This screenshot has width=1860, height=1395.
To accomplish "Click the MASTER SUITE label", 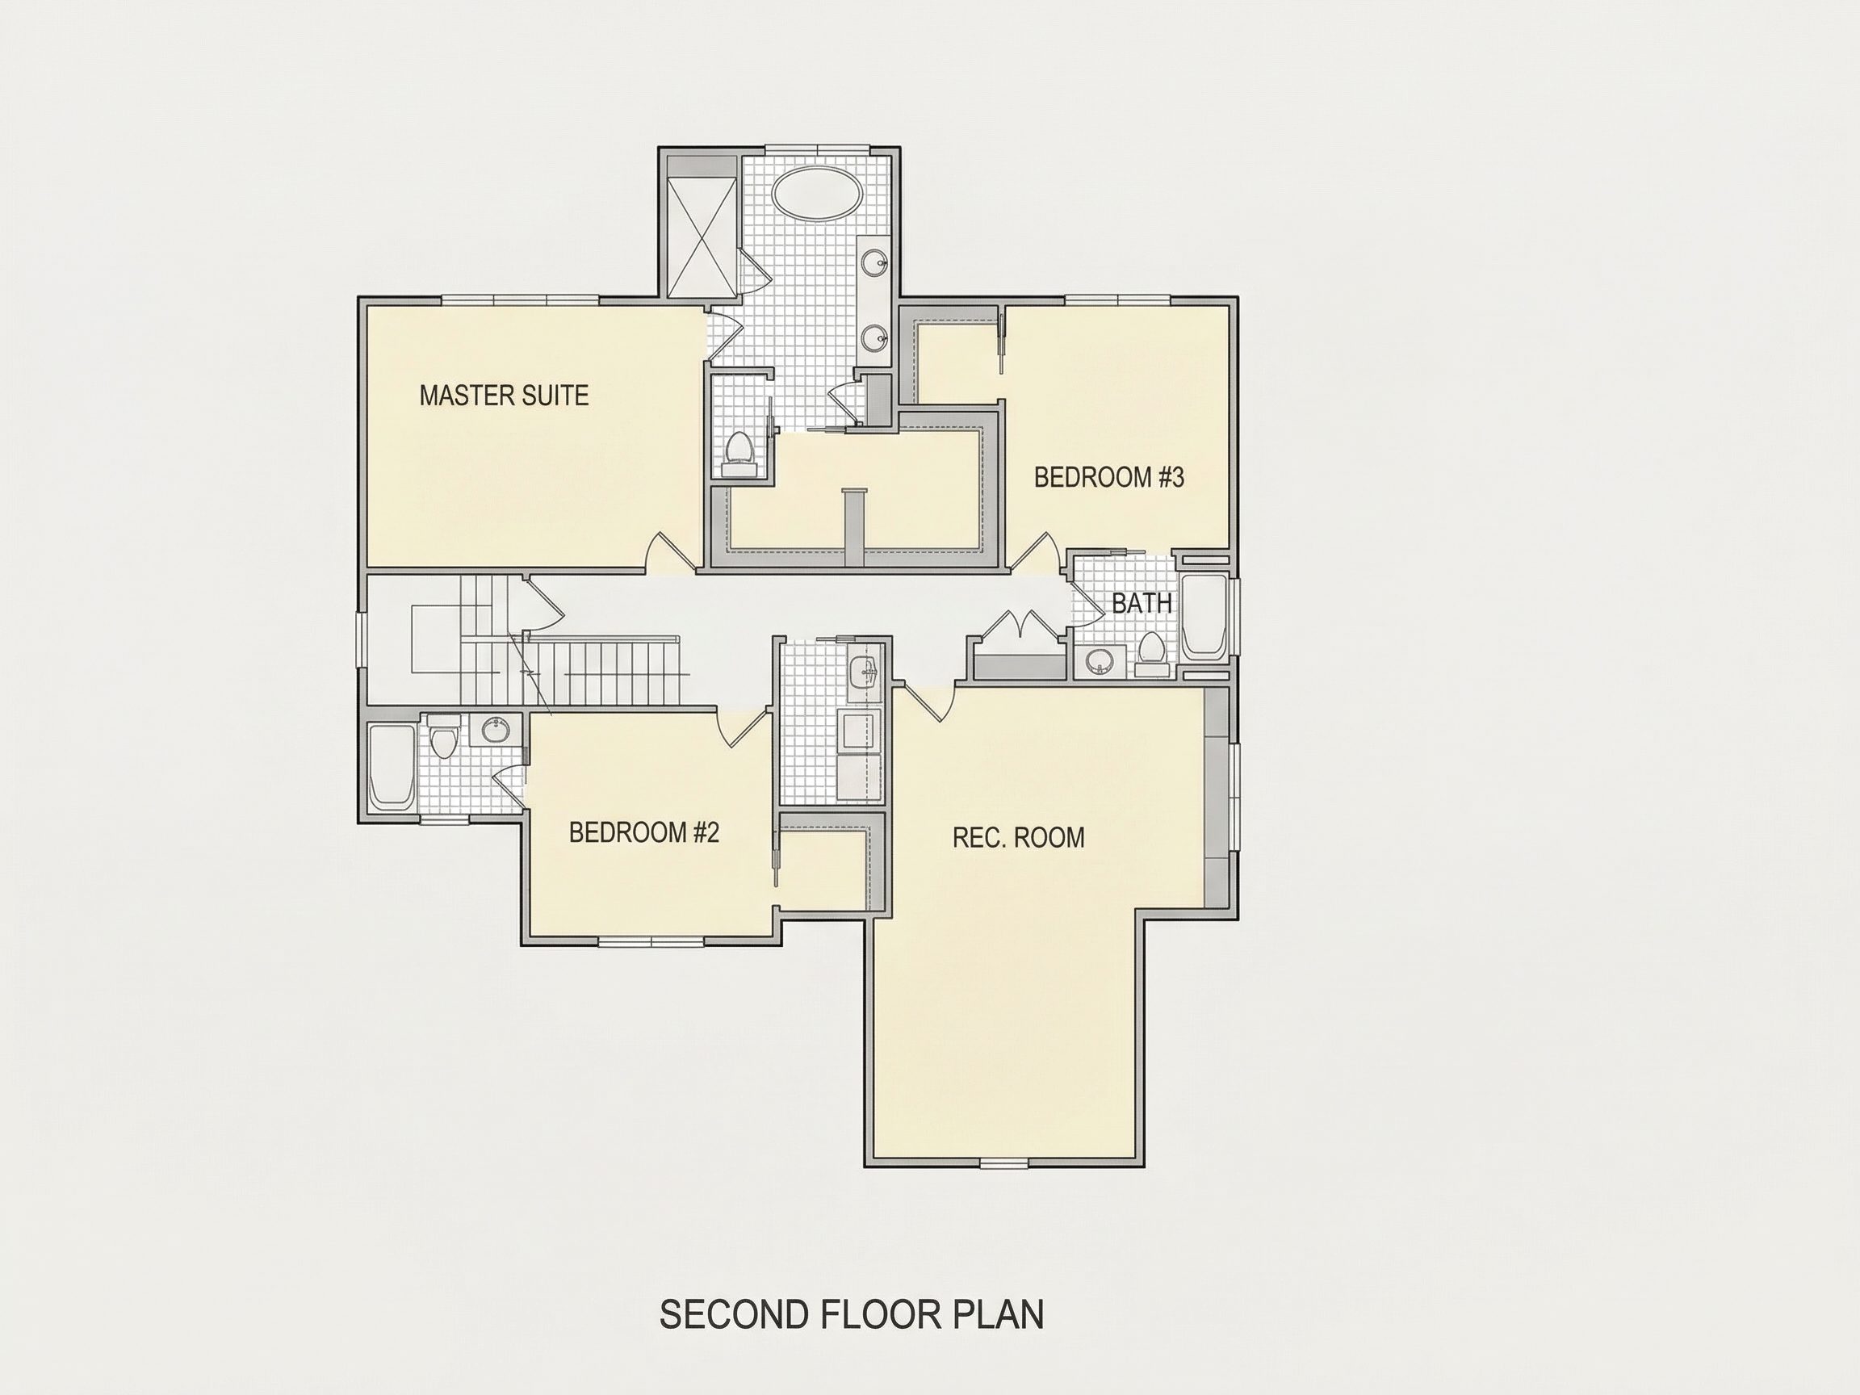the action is pyautogui.click(x=504, y=396).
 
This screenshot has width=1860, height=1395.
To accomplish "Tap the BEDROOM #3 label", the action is pyautogui.click(x=1109, y=478).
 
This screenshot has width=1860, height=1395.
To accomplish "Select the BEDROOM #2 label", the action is pyautogui.click(x=644, y=832).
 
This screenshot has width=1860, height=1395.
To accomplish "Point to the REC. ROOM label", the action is pyautogui.click(x=1018, y=837).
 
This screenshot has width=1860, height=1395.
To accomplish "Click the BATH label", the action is pyautogui.click(x=1142, y=603).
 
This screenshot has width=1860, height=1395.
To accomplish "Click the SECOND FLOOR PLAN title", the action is pyautogui.click(x=852, y=1314).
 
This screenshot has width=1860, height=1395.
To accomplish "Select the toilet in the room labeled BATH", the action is pyautogui.click(x=1151, y=652).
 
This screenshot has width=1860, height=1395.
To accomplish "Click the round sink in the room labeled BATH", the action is pyautogui.click(x=1099, y=661).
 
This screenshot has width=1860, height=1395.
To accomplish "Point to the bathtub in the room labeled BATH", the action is pyautogui.click(x=1205, y=615).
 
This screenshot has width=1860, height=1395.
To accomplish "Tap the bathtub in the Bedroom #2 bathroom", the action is pyautogui.click(x=391, y=767).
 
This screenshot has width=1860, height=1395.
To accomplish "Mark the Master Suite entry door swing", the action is pyautogui.click(x=670, y=552).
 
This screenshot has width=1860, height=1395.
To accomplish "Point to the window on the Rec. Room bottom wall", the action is pyautogui.click(x=1005, y=1163).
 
